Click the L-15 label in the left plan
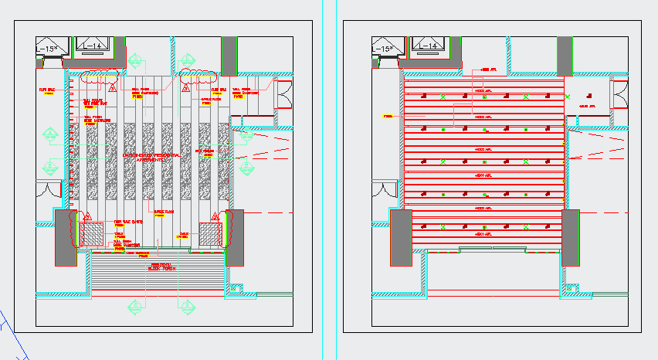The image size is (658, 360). (x=47, y=49)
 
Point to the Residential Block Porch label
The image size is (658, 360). (x=162, y=266)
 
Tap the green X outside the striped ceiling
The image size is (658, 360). (x=568, y=97)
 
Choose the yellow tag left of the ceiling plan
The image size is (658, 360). (x=388, y=117)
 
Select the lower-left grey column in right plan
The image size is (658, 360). (x=401, y=237)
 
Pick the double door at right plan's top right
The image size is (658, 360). (x=619, y=95)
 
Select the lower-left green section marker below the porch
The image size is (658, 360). (x=136, y=306)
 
